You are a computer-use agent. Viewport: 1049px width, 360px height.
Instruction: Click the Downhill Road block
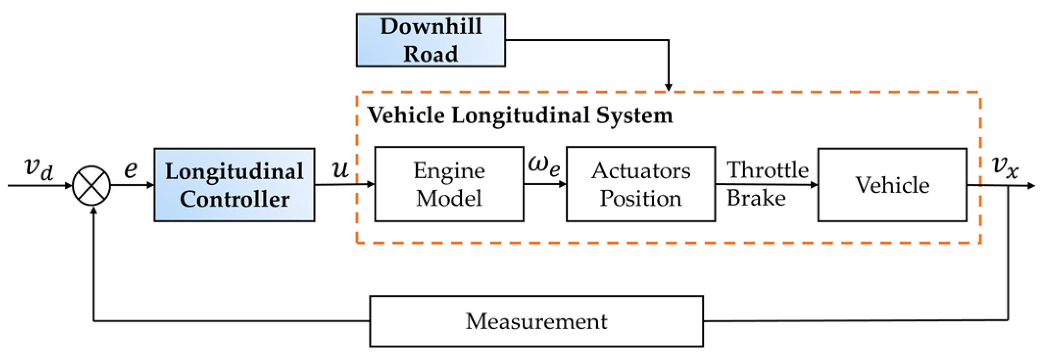(430, 40)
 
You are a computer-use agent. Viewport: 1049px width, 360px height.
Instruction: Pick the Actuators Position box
(641, 184)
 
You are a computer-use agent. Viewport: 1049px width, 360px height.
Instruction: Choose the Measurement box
(536, 321)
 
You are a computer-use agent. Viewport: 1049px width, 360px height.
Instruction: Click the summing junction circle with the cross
(92, 185)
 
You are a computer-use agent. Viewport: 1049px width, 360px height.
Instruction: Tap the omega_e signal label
(544, 166)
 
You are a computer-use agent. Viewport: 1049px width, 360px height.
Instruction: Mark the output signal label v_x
(1005, 167)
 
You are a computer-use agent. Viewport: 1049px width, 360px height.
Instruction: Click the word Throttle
(768, 170)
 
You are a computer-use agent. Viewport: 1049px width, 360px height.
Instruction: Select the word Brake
(756, 199)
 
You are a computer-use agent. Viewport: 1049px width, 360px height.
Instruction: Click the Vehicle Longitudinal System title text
(520, 115)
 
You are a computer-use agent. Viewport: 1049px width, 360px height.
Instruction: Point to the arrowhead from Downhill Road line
(668, 87)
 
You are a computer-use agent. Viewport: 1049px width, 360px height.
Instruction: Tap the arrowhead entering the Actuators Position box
(563, 184)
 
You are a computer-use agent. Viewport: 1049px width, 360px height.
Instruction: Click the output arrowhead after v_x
(1031, 186)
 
